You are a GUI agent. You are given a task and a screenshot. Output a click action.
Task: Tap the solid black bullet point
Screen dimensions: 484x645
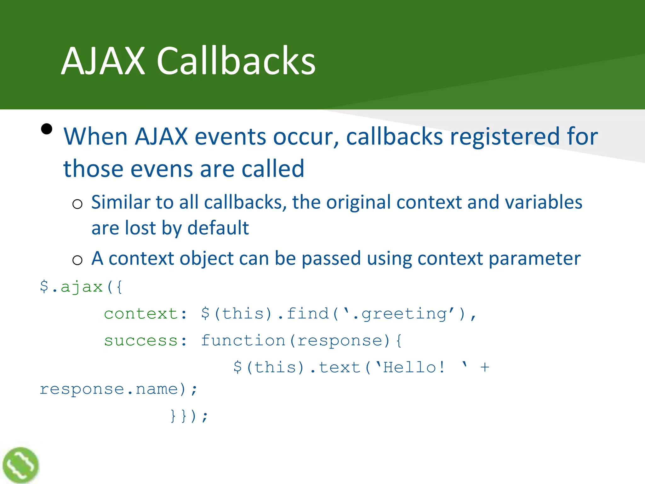pyautogui.click(x=47, y=129)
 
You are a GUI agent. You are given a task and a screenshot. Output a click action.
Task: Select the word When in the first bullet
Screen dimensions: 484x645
pyautogui.click(x=95, y=136)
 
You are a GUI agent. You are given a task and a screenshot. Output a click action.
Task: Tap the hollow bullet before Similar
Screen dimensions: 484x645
pyautogui.click(x=77, y=204)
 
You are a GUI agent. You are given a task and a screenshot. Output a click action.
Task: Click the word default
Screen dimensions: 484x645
pyautogui.click(x=218, y=228)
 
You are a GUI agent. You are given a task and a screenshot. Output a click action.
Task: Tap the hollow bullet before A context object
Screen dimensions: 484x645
pyautogui.click(x=77, y=260)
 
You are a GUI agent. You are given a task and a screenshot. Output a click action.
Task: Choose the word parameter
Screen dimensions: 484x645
pyautogui.click(x=534, y=259)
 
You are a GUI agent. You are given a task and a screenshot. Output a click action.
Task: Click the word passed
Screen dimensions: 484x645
pyautogui.click(x=331, y=259)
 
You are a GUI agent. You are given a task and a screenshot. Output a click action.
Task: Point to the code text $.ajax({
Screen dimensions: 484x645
pyautogui.click(x=81, y=287)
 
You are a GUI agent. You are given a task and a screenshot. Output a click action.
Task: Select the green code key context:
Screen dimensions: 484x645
pyautogui.click(x=146, y=314)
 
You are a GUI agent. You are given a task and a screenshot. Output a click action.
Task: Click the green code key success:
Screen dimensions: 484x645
pyautogui.click(x=146, y=341)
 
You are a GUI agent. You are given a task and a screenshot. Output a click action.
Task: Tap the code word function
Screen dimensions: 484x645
pyautogui.click(x=243, y=341)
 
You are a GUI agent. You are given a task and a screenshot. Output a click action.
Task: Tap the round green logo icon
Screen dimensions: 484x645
pyautogui.click(x=20, y=465)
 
